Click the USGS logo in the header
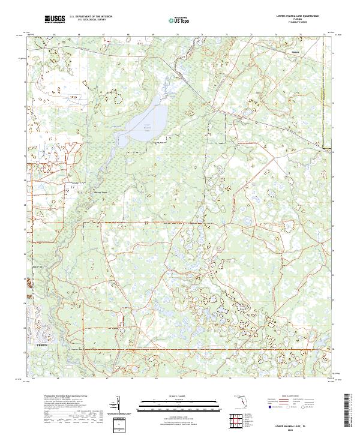click(x=55, y=20)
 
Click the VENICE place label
click(x=41, y=346)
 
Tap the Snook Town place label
click(x=101, y=193)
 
